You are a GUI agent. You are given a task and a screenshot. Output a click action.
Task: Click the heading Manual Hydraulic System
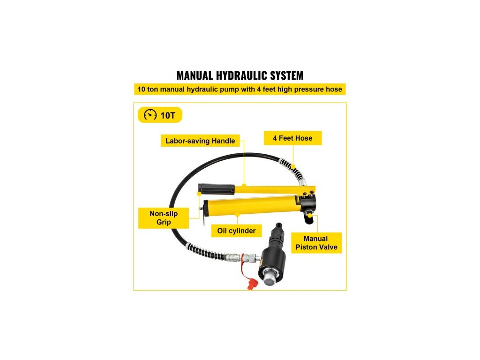[240, 75]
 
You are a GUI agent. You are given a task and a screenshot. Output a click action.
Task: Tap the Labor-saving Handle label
[200, 140]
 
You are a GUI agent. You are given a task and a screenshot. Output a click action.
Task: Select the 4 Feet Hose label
[292, 138]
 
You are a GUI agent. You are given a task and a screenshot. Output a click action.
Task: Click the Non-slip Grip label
[164, 217]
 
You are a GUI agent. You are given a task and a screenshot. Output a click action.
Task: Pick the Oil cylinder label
[236, 231]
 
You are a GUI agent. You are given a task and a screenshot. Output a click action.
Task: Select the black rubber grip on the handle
[216, 189]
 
